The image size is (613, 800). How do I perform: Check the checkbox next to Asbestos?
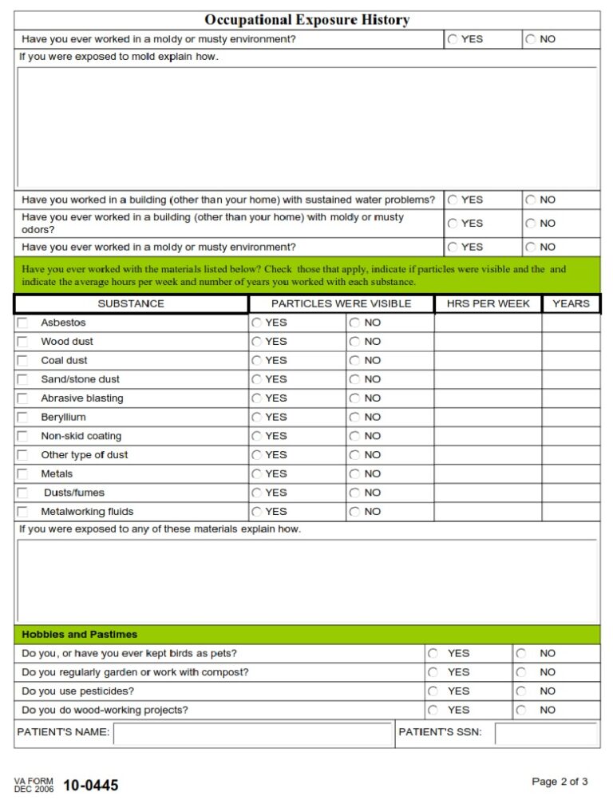click(x=22, y=323)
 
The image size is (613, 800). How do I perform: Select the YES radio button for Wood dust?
click(x=257, y=342)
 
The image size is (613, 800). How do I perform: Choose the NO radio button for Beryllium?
click(x=354, y=418)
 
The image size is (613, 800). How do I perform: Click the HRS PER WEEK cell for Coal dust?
click(x=488, y=361)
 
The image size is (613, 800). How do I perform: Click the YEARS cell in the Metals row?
click(x=571, y=474)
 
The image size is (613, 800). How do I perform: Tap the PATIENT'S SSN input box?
click(x=545, y=733)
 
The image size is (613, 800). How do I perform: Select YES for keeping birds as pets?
click(x=433, y=653)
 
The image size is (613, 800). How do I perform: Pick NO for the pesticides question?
click(x=521, y=691)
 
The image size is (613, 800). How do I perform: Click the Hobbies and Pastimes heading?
click(x=80, y=635)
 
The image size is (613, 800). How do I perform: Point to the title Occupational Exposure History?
click(x=306, y=20)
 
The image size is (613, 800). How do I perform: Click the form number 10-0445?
click(x=90, y=786)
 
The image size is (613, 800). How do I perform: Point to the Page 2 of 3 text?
click(x=560, y=782)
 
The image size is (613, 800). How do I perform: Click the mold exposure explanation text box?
click(x=306, y=128)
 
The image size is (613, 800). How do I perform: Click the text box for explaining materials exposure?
click(x=306, y=581)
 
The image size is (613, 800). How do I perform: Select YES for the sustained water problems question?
click(x=453, y=200)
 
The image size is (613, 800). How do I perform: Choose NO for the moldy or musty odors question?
click(x=531, y=224)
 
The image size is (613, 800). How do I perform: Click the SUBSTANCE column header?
click(x=131, y=303)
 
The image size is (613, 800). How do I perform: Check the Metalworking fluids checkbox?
click(x=22, y=512)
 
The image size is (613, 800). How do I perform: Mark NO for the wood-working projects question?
click(x=521, y=710)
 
